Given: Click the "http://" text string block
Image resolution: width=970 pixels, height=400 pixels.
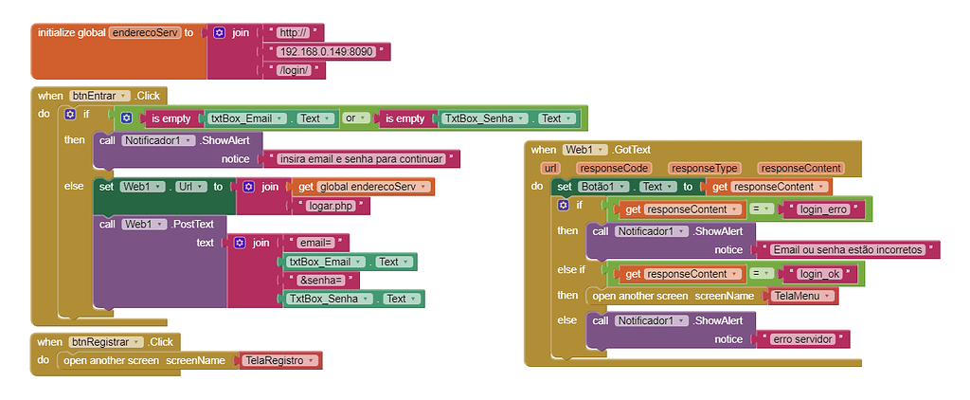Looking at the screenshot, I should (x=296, y=32).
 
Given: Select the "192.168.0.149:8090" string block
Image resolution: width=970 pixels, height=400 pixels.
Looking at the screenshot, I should (x=328, y=51).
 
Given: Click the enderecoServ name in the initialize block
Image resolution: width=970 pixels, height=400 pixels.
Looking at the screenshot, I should (x=144, y=32).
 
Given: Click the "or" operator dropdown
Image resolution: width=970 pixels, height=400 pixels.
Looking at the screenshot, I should (x=353, y=118).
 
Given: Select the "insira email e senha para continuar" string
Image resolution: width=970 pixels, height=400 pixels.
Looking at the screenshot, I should (x=364, y=159).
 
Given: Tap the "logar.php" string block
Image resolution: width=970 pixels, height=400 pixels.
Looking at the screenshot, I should (x=331, y=205).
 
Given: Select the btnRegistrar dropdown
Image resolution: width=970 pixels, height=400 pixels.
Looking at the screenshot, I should (x=105, y=341).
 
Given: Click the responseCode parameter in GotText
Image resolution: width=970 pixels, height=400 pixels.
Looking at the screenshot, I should (x=614, y=168).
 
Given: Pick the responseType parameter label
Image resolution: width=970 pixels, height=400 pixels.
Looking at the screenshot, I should (x=702, y=168).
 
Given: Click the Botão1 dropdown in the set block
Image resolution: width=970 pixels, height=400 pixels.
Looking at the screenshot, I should (x=603, y=187).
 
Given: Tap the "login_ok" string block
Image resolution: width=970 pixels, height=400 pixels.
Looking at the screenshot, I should (x=821, y=274).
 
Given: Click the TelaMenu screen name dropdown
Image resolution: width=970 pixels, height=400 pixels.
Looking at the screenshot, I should (x=800, y=296).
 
